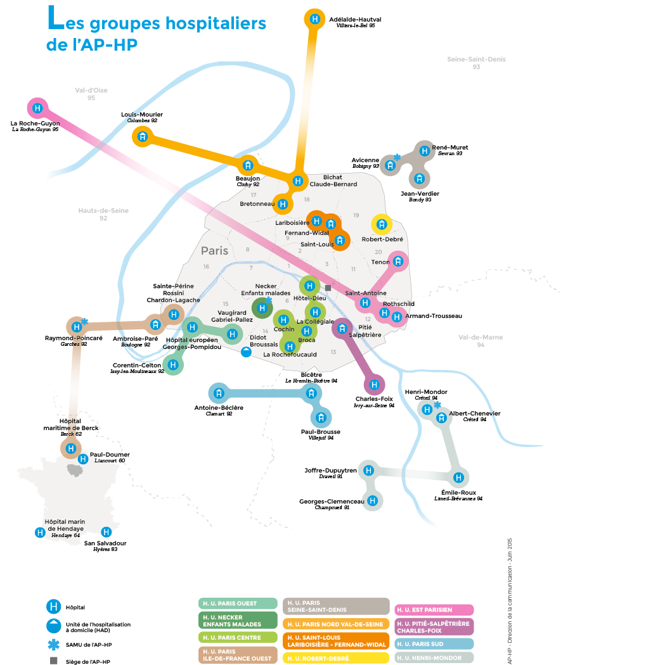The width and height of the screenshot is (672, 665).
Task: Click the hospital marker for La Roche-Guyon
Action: (38, 108)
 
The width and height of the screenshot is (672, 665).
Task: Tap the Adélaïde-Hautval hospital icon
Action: (314, 19)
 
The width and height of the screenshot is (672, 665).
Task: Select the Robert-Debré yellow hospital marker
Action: (382, 224)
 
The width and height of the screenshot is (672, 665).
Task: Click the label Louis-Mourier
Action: (142, 115)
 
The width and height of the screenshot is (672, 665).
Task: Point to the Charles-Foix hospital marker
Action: (374, 384)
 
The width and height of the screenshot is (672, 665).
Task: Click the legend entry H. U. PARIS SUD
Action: (434, 643)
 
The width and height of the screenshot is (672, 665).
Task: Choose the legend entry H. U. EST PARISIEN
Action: (434, 609)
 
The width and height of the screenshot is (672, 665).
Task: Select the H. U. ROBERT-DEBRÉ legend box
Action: (335, 657)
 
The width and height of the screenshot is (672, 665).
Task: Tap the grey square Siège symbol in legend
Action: (54, 661)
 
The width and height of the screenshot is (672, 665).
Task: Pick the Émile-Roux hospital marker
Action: (458, 478)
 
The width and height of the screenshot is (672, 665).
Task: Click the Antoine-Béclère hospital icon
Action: (219, 392)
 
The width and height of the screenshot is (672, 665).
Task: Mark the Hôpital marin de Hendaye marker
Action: (40, 533)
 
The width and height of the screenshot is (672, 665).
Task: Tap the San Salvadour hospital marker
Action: (107, 532)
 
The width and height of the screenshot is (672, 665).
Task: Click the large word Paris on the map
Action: (214, 251)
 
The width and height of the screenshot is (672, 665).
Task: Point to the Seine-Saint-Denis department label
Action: (476, 60)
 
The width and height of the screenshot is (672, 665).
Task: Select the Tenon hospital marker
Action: (397, 261)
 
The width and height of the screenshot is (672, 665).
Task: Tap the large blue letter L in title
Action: (55, 21)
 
